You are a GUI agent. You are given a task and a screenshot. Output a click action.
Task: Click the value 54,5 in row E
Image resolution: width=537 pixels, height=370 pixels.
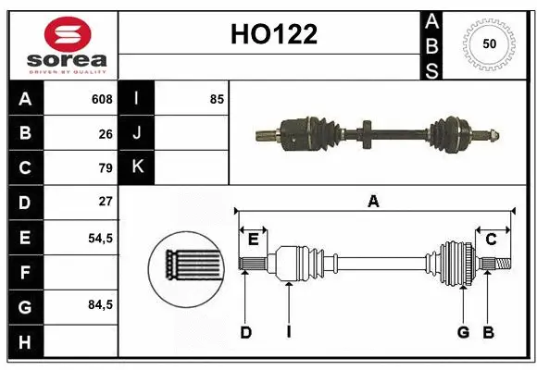click(100, 237)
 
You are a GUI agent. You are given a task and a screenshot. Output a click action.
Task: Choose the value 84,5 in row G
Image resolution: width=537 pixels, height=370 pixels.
click(100, 304)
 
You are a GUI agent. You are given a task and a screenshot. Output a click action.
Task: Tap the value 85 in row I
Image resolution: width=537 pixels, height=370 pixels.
click(217, 99)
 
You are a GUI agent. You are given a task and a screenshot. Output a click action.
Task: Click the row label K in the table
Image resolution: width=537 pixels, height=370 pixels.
click(137, 168)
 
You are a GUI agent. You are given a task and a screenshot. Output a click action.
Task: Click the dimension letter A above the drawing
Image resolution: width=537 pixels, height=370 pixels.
click(374, 201)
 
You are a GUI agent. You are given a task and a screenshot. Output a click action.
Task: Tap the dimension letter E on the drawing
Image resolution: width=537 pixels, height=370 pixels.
click(253, 240)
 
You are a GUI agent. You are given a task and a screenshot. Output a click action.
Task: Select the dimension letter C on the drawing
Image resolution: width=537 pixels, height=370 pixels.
click(492, 240)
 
